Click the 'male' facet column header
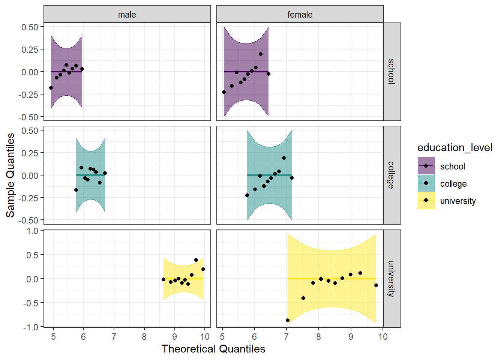127,15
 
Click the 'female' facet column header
300,15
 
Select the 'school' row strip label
392,72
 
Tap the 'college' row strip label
392,175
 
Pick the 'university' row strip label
392,279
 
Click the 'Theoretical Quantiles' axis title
213,349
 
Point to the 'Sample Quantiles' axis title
10,175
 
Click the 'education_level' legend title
454,148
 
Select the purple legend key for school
426,166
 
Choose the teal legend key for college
426,183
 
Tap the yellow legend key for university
426,201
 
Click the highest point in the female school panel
261,54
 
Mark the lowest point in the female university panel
288,320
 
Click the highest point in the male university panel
196,260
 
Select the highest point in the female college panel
284,158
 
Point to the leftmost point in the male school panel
51,88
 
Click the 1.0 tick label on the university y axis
33,231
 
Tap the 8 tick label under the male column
144,337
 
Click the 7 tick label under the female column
286,337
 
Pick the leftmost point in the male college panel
76,190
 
